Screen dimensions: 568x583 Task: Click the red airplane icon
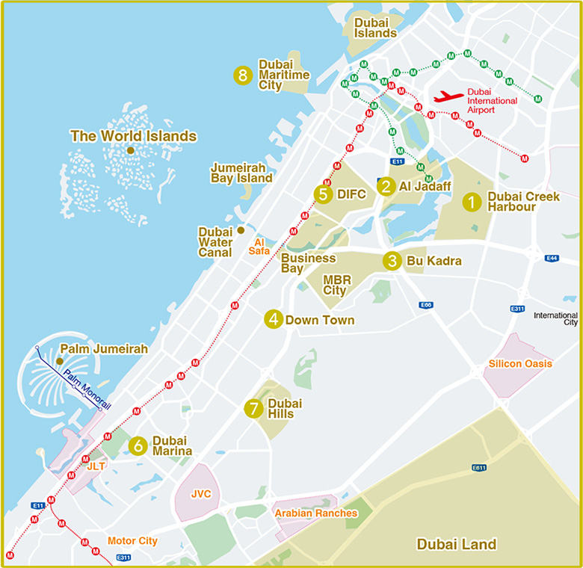[449, 96]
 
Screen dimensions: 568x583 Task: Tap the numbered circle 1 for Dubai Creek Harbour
[471, 202]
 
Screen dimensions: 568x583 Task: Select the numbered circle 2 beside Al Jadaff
[386, 186]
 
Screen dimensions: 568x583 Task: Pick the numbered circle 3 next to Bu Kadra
[392, 261]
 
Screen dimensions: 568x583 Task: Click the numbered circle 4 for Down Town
[274, 320]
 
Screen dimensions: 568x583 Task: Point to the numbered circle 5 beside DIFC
[323, 194]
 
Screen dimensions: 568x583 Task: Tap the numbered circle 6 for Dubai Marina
[137, 446]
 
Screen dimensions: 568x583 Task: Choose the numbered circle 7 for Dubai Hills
[254, 408]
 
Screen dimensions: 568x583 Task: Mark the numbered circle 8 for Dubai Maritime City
[242, 75]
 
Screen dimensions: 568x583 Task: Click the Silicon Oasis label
[520, 364]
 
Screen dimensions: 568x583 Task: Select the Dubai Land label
[456, 544]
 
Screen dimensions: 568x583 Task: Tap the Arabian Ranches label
[315, 513]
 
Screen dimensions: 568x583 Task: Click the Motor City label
[132, 540]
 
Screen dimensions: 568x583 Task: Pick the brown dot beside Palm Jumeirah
[60, 361]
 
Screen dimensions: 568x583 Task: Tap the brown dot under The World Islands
[130, 150]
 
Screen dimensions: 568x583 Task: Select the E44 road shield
[552, 258]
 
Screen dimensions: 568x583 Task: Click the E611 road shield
[480, 467]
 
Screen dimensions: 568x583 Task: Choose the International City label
[555, 319]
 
